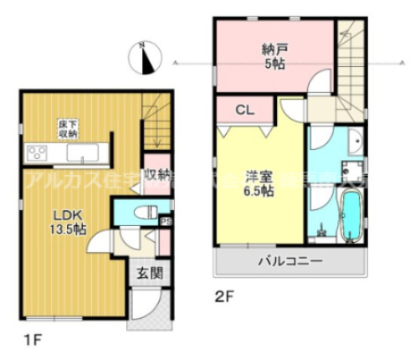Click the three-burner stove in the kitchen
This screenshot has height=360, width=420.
coord(38,153)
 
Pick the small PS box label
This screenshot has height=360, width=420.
coord(165,222)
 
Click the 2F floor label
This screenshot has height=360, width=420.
coord(221,295)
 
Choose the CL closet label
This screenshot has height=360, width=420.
coord(244,109)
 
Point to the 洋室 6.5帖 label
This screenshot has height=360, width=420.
coord(258,183)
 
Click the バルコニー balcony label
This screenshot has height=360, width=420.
coord(289,262)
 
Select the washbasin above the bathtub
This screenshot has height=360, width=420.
coord(352,141)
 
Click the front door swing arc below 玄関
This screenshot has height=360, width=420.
coord(141,307)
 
